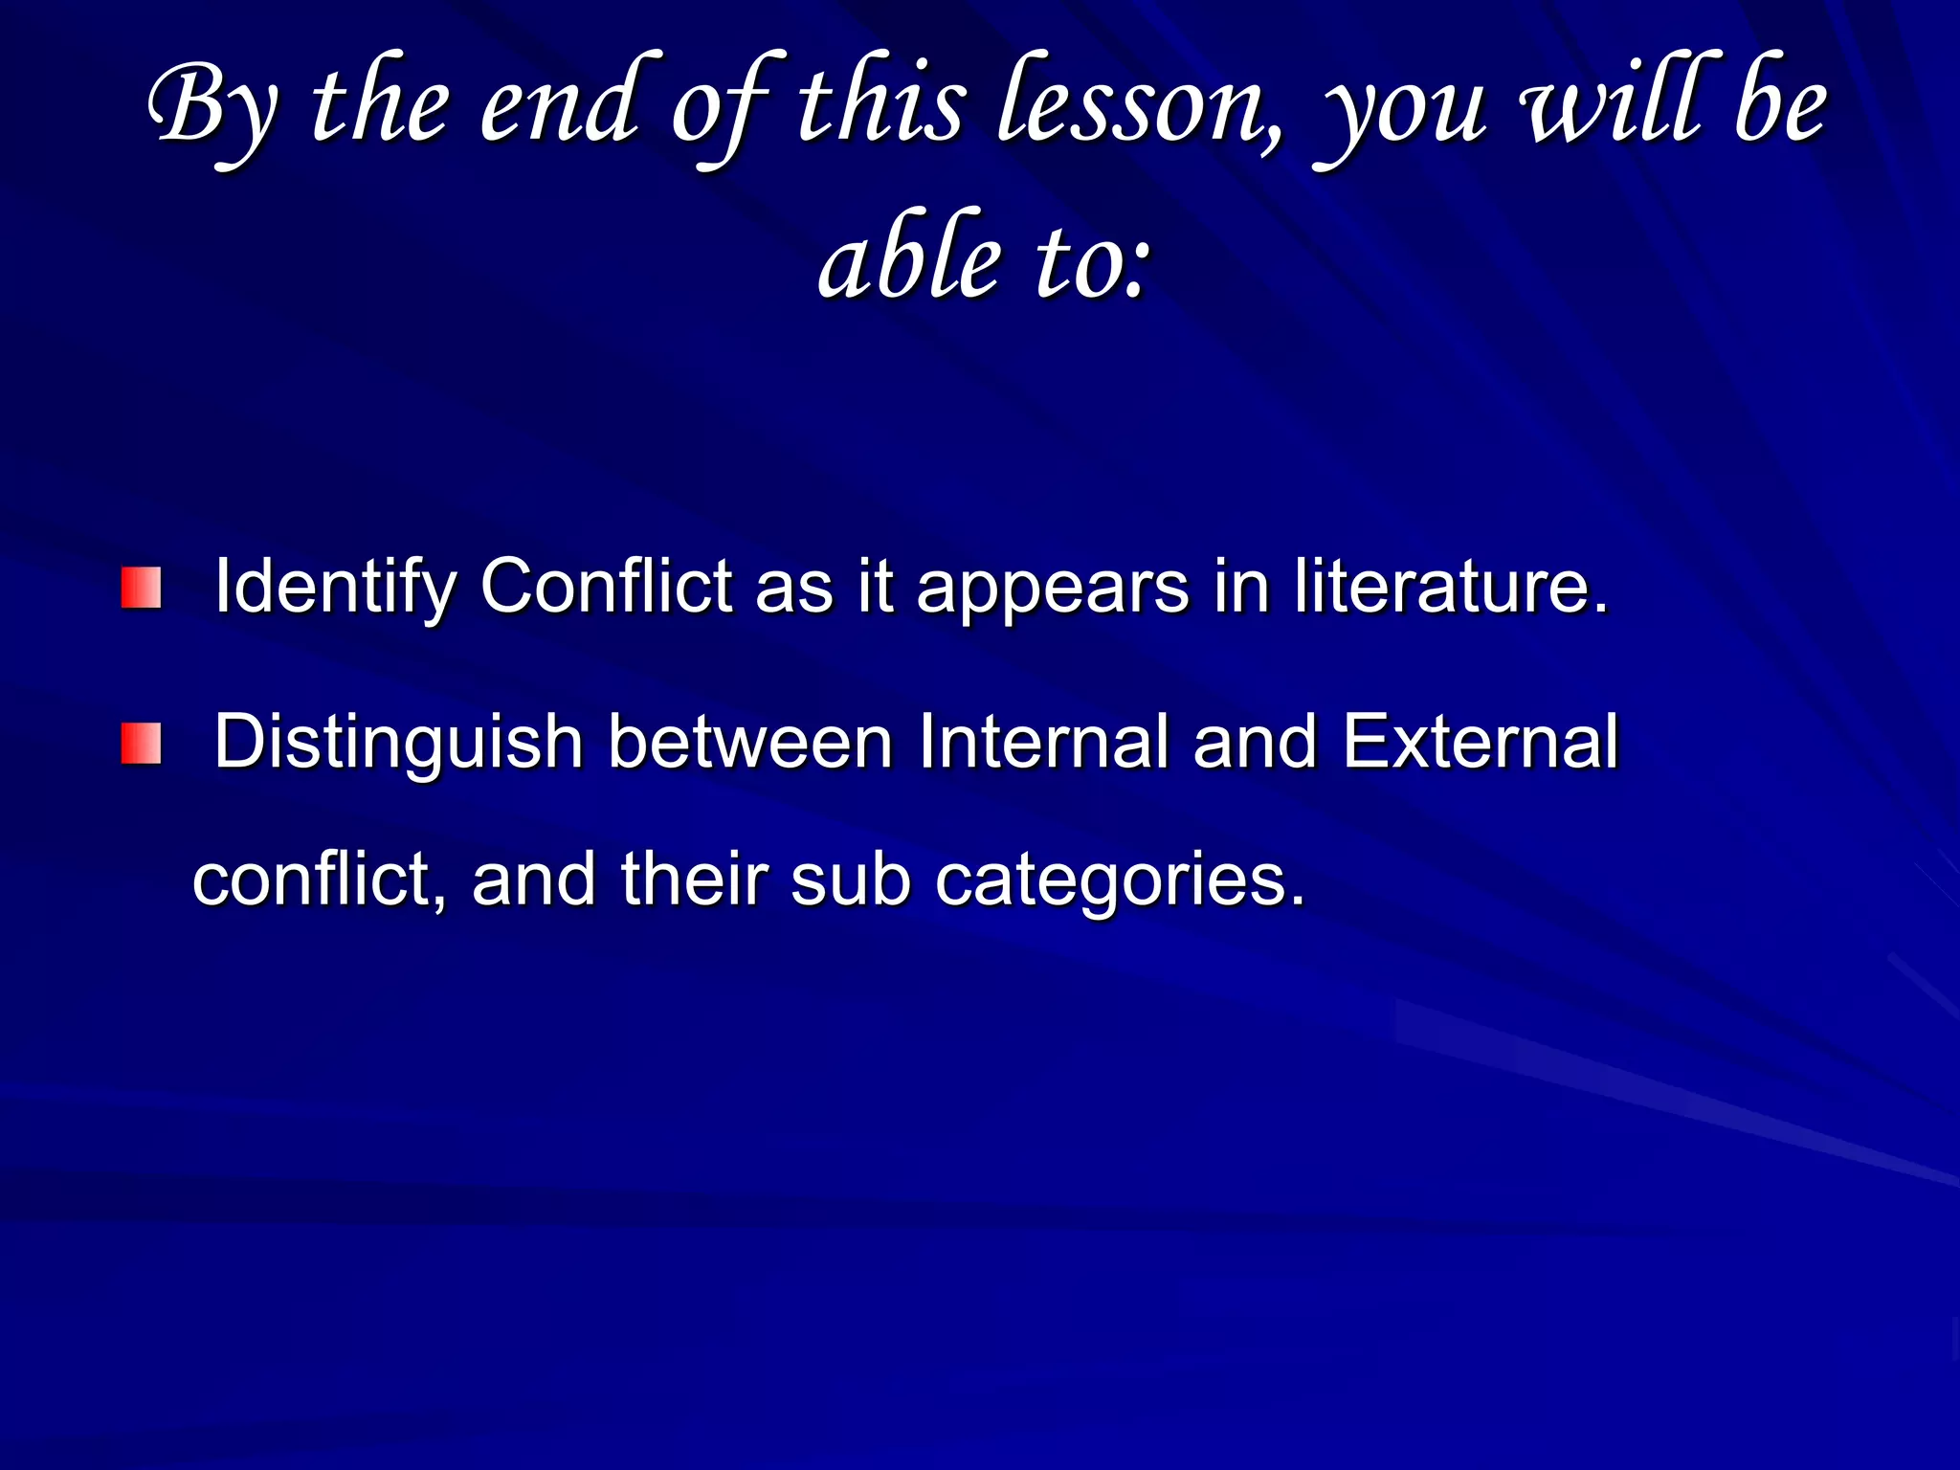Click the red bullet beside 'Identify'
[141, 588]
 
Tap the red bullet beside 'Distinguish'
[141, 744]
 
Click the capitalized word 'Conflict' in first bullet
[606, 586]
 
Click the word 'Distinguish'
[398, 744]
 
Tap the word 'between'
[751, 742]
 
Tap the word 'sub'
[851, 880]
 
